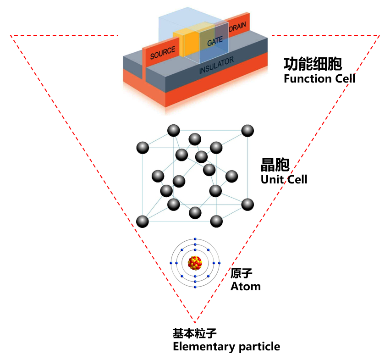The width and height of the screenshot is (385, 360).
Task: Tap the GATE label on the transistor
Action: [x=214, y=42]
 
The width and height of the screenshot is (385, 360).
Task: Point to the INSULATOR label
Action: [x=216, y=66]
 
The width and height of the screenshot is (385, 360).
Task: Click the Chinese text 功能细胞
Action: [x=313, y=64]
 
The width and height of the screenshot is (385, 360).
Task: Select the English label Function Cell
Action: [x=319, y=78]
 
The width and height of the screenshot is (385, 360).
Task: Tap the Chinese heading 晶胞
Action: [x=275, y=165]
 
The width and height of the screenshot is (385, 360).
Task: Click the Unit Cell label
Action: [x=284, y=179]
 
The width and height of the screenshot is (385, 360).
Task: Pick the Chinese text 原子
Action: [x=242, y=274]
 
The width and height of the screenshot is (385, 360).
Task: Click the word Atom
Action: [x=245, y=287]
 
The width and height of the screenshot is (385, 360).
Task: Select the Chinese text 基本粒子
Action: [x=194, y=333]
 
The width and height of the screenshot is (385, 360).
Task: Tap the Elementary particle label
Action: [x=226, y=347]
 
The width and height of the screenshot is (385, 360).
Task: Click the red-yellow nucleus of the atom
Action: [x=195, y=263]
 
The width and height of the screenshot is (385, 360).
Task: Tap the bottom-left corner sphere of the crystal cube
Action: [x=143, y=222]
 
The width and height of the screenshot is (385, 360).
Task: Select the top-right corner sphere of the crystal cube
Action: [x=247, y=130]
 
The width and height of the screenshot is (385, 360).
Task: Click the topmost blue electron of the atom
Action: [x=195, y=239]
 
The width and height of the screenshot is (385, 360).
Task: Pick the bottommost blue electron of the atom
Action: [x=195, y=287]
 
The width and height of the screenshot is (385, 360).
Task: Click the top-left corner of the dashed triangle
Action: [x=11, y=35]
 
